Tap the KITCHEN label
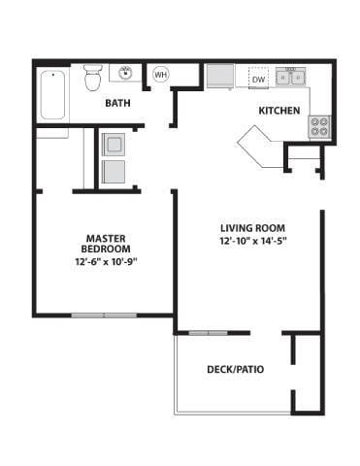[x=278, y=111]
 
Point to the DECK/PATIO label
[x=236, y=369]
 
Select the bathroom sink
[x=126, y=73]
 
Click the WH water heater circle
[x=160, y=75]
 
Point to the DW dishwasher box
[x=258, y=78]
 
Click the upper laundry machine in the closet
[x=114, y=144]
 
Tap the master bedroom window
[x=104, y=315]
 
